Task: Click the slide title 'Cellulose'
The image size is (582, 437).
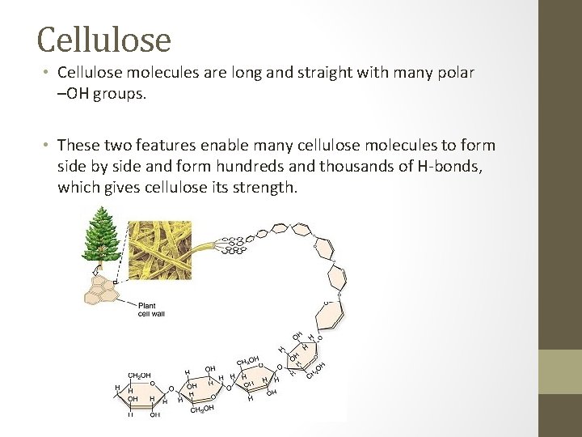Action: pyautogui.click(x=104, y=38)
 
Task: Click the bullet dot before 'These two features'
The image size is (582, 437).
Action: pyautogui.click(x=47, y=146)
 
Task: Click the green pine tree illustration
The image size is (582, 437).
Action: pyautogui.click(x=101, y=235)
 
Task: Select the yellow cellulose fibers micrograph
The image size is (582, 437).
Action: pyautogui.click(x=161, y=250)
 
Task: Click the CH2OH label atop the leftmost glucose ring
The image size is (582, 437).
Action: pyautogui.click(x=139, y=375)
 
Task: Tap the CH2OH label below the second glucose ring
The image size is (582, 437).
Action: pyautogui.click(x=201, y=409)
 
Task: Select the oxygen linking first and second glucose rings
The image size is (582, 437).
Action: pyautogui.click(x=171, y=388)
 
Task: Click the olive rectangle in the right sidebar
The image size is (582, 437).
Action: pyautogui.click(x=560, y=371)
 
